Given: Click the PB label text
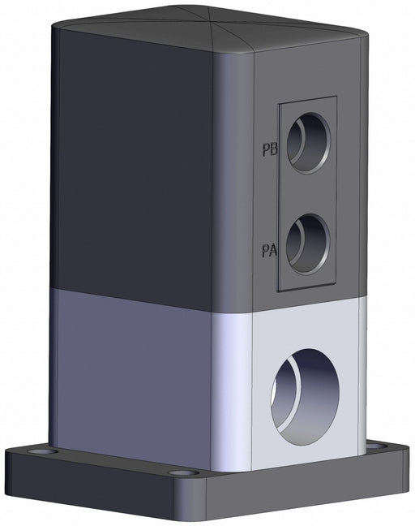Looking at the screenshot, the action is (270, 149).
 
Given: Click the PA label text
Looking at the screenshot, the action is (269, 251).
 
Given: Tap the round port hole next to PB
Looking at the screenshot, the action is (309, 143).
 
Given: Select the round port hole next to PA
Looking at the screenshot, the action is (309, 244).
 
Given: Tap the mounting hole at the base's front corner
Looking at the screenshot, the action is (183, 473).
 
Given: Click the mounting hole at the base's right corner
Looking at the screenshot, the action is (378, 446).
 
